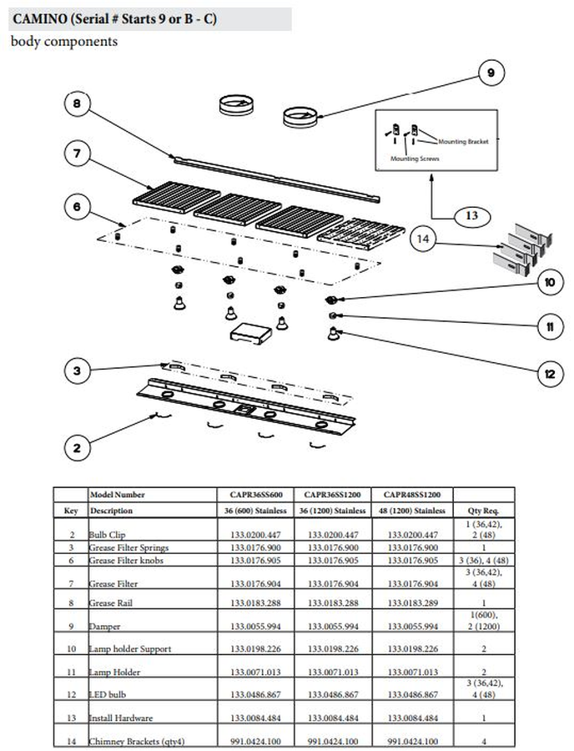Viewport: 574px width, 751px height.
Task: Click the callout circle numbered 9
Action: point(491,74)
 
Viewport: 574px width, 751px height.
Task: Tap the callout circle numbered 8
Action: point(77,105)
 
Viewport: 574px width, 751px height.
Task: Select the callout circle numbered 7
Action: point(77,154)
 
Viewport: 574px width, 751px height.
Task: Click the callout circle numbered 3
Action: point(77,370)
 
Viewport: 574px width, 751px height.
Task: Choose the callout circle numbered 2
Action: point(77,448)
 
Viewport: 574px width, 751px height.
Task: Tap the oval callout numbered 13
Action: point(471,215)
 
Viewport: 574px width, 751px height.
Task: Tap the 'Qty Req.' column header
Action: point(484,510)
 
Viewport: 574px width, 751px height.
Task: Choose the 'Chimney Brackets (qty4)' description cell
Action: point(129,740)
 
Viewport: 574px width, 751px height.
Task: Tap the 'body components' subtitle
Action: point(64,42)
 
